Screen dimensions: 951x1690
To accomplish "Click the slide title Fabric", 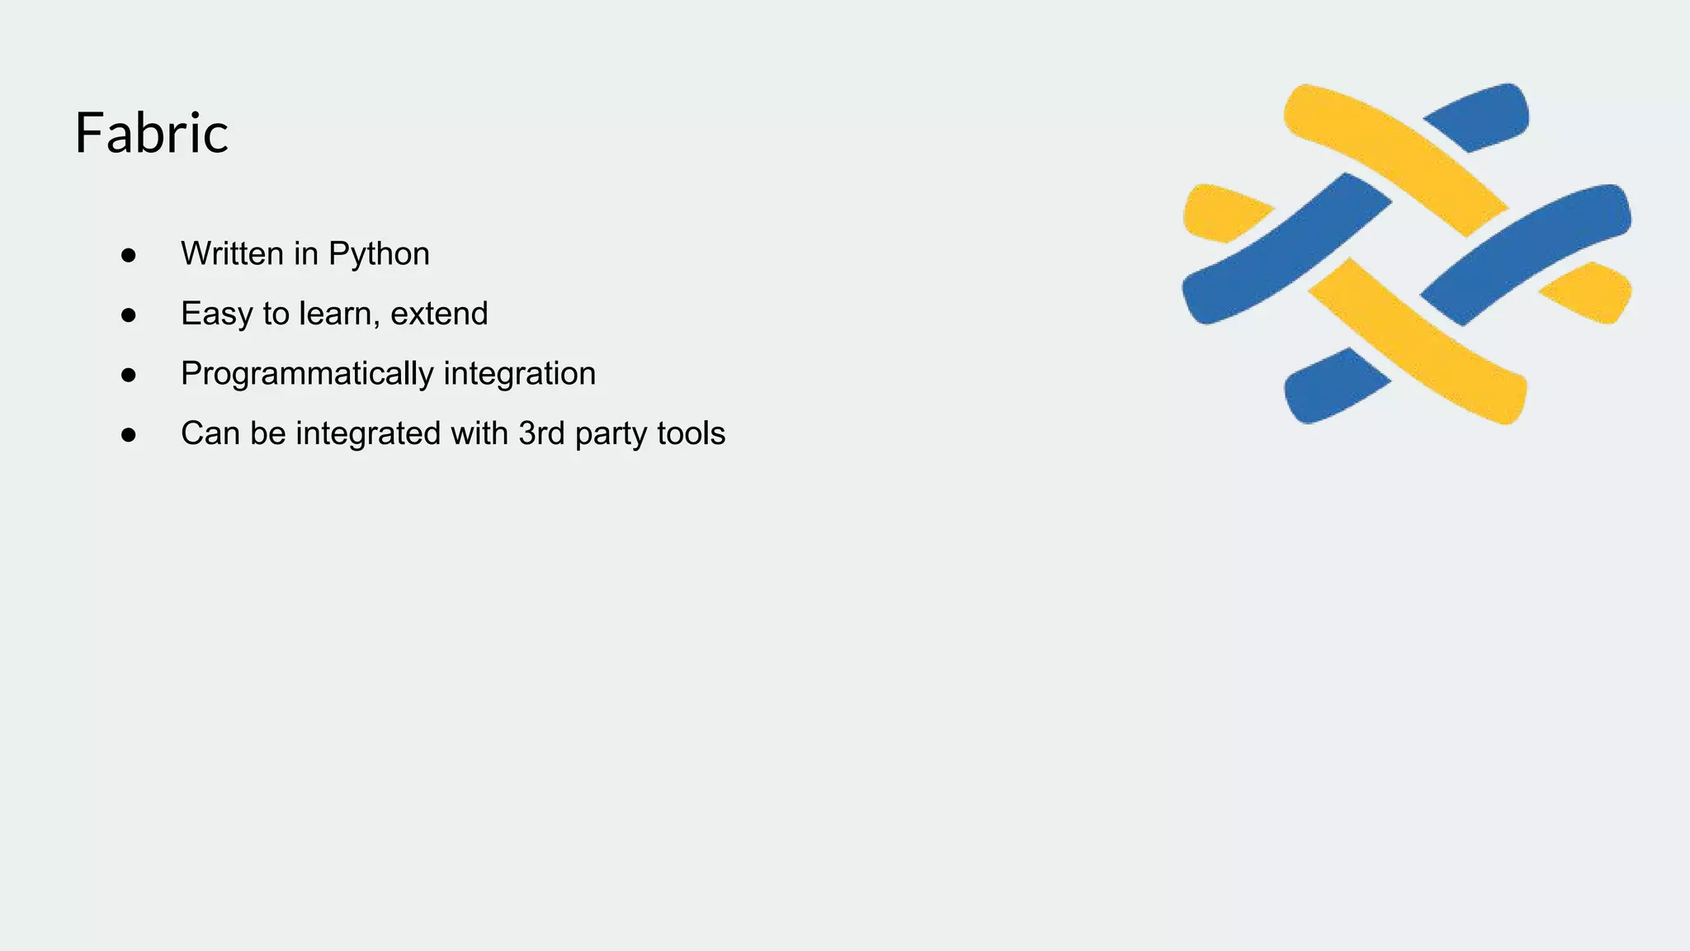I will pos(151,133).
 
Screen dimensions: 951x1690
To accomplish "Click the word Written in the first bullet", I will pos(232,253).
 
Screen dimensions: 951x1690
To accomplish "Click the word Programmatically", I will pos(307,374).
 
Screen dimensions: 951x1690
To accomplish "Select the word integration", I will pos(519,374).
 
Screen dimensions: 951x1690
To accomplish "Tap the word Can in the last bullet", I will pos(210,433).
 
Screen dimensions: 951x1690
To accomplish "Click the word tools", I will pos(692,433).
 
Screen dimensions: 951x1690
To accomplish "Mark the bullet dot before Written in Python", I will pos(128,255).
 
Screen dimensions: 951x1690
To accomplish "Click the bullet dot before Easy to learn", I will pos(128,315).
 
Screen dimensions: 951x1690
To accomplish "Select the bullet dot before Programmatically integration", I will pos(128,376).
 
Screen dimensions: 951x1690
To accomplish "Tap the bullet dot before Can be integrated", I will pos(128,435).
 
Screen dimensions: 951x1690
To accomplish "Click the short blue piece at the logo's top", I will pos(1481,118).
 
